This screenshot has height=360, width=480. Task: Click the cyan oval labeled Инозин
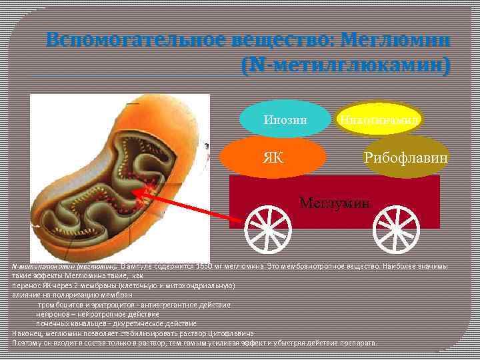(285, 120)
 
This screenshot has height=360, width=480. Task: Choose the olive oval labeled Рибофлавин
(405, 157)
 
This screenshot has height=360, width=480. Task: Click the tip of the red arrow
(139, 193)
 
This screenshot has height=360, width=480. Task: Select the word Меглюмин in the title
(395, 41)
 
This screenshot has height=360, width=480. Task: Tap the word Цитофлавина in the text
(233, 333)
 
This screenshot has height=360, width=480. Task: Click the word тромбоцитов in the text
(66, 304)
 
